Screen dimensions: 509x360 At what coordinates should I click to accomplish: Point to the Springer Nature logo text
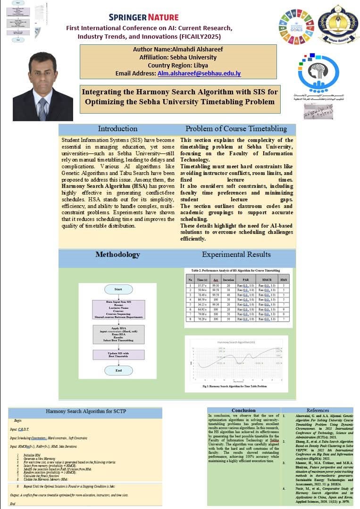144,17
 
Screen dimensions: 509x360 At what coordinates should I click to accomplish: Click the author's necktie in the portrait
42,108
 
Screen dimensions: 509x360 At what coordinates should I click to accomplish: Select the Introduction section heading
117,129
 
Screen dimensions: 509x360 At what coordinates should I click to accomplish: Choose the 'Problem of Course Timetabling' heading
236,129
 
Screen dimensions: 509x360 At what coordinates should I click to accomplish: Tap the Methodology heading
117,255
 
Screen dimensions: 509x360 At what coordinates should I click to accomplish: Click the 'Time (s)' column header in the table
203,279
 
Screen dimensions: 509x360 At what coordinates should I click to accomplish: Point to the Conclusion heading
243,410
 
